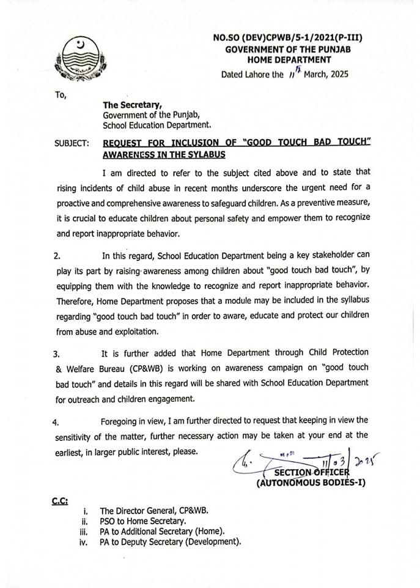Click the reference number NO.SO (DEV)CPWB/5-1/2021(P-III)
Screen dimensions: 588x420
(287, 38)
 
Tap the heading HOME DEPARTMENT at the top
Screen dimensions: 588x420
(289, 59)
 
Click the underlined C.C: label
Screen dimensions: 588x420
(60, 501)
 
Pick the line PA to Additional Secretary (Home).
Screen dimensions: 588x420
(162, 531)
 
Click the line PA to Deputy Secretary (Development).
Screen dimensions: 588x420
(171, 541)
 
